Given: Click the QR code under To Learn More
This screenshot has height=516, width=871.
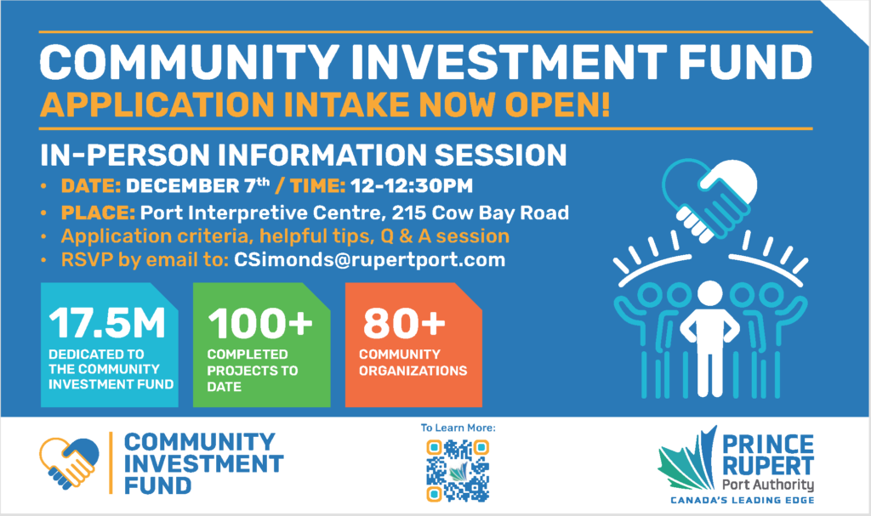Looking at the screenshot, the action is coord(458,470).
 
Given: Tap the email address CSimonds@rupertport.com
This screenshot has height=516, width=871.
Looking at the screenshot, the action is coord(369,259).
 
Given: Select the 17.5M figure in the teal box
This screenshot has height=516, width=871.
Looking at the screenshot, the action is coord(107,323).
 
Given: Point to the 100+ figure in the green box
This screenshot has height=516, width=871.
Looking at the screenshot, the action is coord(260,323).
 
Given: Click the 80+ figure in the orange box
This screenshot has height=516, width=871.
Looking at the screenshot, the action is coord(404,323).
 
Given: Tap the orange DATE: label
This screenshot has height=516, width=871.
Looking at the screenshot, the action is coord(91,185).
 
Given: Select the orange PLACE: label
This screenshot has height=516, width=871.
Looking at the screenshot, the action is coord(98,213).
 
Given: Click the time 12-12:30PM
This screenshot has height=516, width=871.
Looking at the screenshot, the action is coord(412,185).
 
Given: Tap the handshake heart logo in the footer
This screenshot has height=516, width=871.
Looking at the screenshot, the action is coord(69,463).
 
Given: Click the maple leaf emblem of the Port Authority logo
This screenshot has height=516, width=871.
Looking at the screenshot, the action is coord(687,457).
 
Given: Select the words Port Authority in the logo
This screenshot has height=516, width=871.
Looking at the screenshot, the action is coord(768,485).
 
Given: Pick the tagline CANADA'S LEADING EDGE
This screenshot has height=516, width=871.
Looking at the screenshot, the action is coord(742,501).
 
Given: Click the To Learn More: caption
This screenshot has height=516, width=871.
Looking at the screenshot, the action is coord(458,428).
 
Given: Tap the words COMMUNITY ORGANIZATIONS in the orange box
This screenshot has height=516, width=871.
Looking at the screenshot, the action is coord(413,362).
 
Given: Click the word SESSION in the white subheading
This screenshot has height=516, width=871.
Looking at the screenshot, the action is coord(500,155).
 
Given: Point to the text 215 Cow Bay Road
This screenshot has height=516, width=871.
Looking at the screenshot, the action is coord(480,213).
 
